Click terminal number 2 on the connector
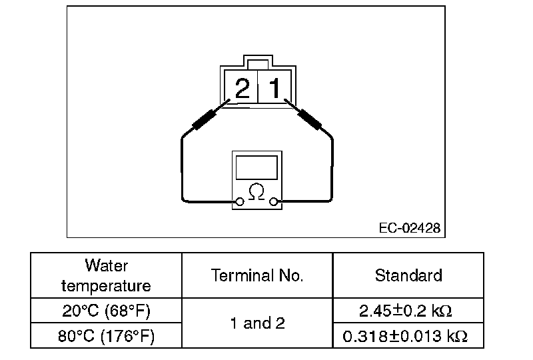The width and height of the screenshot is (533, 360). pyautogui.click(x=242, y=87)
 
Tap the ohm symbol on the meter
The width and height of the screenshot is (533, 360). pyautogui.click(x=256, y=192)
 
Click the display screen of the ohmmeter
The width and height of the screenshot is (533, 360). pyautogui.click(x=257, y=167)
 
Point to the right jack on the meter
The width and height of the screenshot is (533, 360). pyautogui.click(x=274, y=201)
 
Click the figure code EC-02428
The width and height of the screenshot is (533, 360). pyautogui.click(x=409, y=228)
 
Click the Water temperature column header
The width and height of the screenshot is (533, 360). pyautogui.click(x=106, y=275)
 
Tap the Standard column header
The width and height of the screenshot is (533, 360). pyautogui.click(x=408, y=275)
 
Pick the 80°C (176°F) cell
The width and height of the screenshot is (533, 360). pyautogui.click(x=106, y=336)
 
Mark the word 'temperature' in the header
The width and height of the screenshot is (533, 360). pyautogui.click(x=106, y=285)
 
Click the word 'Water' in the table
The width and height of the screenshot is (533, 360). pyautogui.click(x=106, y=265)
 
